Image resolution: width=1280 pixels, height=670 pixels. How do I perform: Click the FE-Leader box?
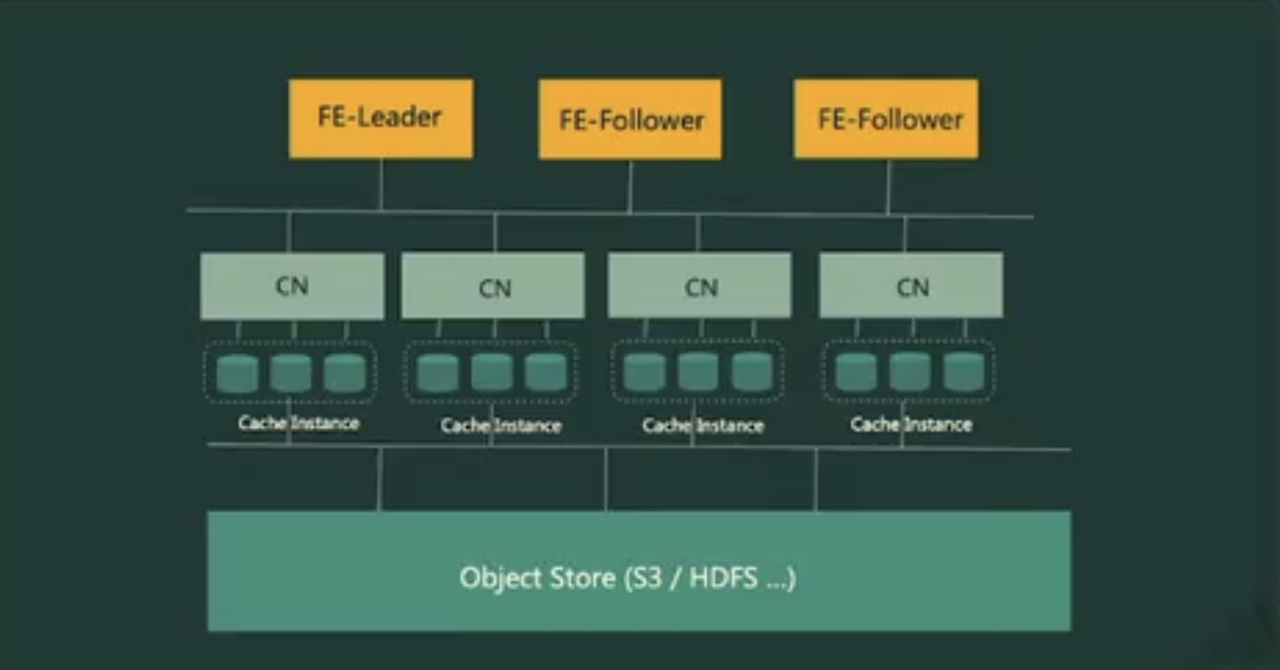point(381,118)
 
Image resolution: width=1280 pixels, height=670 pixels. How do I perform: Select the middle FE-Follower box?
point(630,120)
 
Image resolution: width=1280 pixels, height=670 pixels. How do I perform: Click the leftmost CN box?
point(292,285)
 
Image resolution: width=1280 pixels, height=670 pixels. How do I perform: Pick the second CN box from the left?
point(493,286)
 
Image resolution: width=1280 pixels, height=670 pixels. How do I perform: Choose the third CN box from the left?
point(699,285)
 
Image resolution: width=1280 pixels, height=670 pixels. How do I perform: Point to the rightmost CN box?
point(911,285)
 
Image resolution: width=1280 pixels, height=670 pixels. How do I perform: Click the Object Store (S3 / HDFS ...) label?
point(627,577)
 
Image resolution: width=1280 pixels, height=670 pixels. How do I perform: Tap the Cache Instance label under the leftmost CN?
point(298,423)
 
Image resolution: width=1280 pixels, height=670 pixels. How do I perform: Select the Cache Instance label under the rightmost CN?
point(911,424)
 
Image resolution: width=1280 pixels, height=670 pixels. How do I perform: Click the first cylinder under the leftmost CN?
point(237,373)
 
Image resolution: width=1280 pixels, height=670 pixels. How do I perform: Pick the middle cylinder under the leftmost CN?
point(290,373)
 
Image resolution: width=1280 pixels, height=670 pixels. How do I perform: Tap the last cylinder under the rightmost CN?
point(964,372)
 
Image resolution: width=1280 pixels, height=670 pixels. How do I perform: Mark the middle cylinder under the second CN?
point(491,372)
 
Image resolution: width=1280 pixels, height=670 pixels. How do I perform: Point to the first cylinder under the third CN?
point(644,372)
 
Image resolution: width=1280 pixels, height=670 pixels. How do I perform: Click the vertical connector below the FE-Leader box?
point(381,185)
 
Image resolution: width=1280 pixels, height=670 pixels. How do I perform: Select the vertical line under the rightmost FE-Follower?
point(887,187)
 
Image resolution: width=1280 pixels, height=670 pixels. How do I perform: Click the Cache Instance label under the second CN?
point(501,425)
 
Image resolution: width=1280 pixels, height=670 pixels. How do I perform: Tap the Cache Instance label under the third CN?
point(703,425)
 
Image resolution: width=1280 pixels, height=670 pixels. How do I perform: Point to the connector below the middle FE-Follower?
point(630,186)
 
